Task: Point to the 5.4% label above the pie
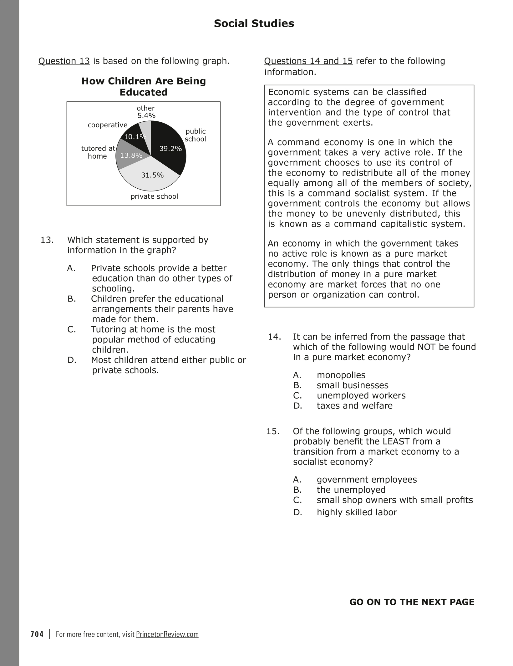pyautogui.click(x=146, y=116)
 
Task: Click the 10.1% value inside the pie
pyautogui.click(x=135, y=137)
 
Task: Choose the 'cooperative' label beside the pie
pyautogui.click(x=108, y=125)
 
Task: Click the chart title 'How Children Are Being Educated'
pyautogui.click(x=144, y=87)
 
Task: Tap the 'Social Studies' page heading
pyautogui.click(x=254, y=24)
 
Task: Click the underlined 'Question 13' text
pyautogui.click(x=64, y=61)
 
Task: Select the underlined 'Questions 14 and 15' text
pyautogui.click(x=308, y=61)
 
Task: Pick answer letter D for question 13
pyautogui.click(x=72, y=360)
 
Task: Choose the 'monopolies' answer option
pyautogui.click(x=341, y=375)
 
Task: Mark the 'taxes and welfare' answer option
pyautogui.click(x=354, y=406)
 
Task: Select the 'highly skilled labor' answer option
pyautogui.click(x=357, y=512)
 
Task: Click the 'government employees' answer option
pyautogui.click(x=367, y=480)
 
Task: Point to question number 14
pyautogui.click(x=274, y=337)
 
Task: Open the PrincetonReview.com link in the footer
pyautogui.click(x=167, y=634)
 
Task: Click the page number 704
pyautogui.click(x=37, y=634)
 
